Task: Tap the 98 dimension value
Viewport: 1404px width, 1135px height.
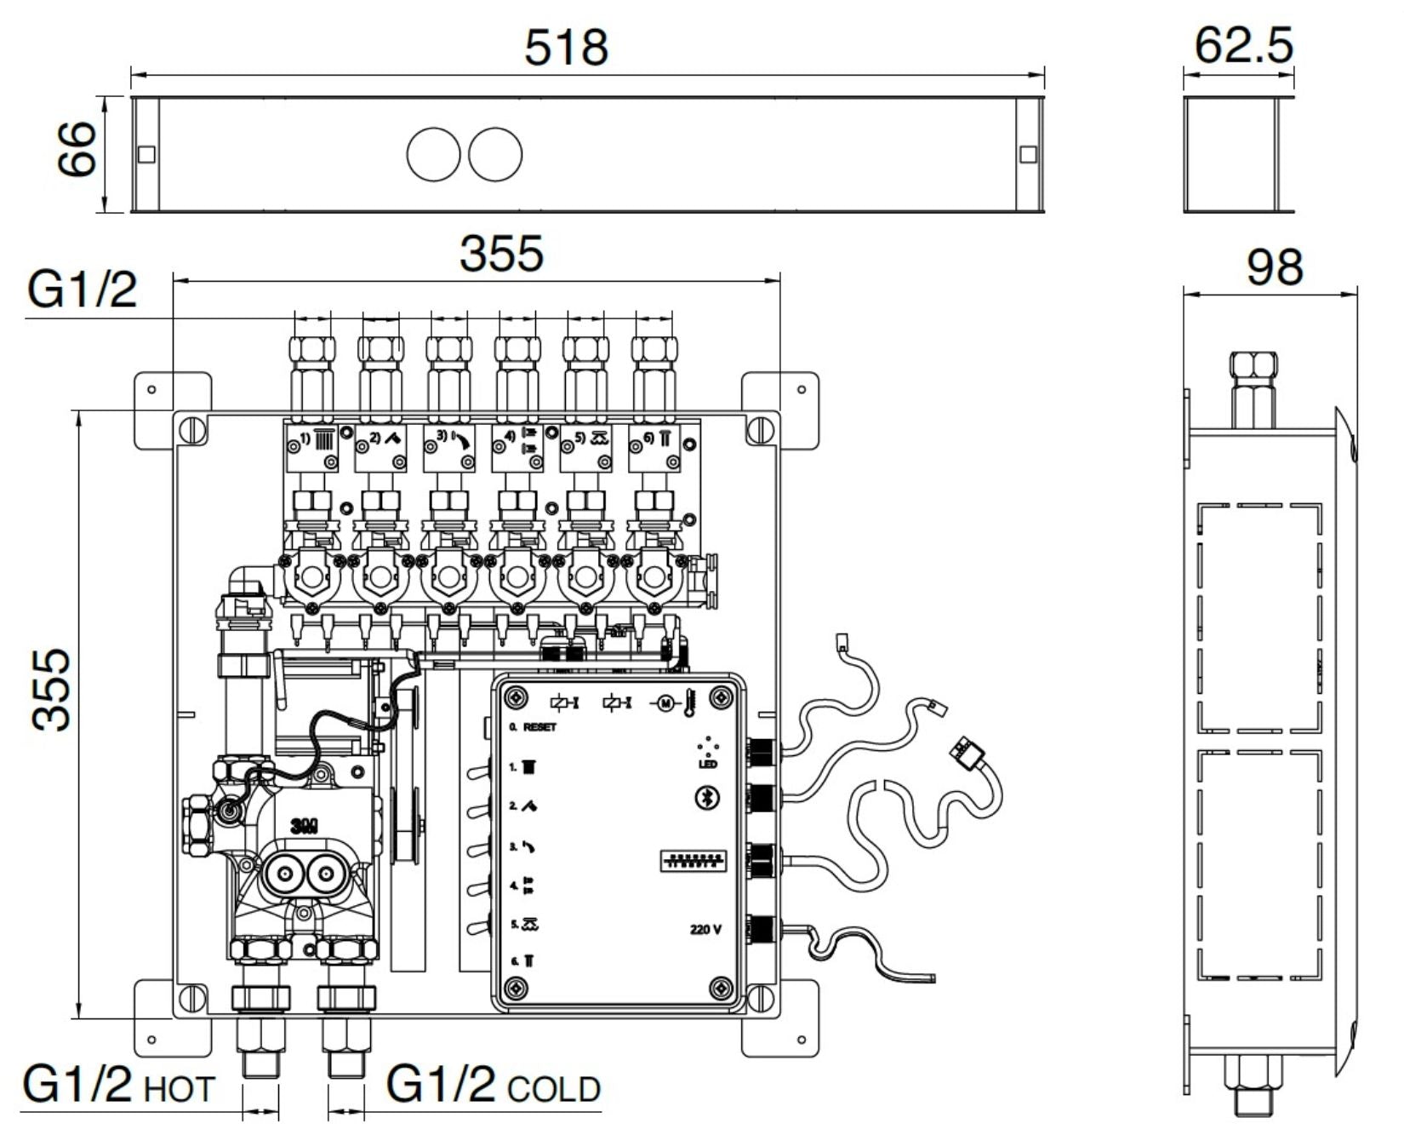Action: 1274,267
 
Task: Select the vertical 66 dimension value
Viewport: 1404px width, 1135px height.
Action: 77,148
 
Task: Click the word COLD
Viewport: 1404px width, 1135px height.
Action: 554,1089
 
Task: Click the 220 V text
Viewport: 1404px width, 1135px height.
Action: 705,929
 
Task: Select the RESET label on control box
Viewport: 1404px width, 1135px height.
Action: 539,727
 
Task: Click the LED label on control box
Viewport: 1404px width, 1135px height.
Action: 707,764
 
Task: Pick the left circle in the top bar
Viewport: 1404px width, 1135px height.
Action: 433,154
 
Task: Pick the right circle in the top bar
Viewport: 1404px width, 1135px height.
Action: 495,154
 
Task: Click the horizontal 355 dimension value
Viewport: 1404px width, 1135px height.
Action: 501,254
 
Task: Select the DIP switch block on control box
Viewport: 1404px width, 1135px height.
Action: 693,861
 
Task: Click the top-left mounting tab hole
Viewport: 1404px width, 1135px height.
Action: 151,390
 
